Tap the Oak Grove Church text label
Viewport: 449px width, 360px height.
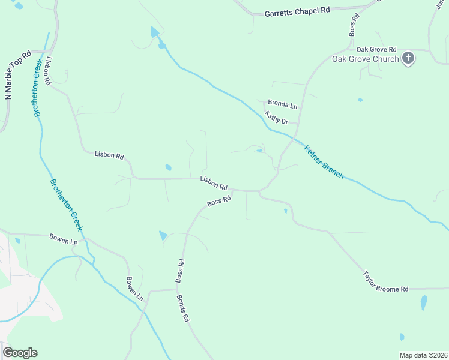pyautogui.click(x=365, y=59)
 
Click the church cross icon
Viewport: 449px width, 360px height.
pyautogui.click(x=408, y=58)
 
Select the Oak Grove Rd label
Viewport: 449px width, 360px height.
pyautogui.click(x=376, y=49)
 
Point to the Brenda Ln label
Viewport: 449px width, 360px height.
pyautogui.click(x=282, y=105)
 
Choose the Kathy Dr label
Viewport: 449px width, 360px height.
pyautogui.click(x=277, y=118)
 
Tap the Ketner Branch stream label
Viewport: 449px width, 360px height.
pyautogui.click(x=324, y=162)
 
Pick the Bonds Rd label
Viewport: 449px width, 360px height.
pyautogui.click(x=182, y=308)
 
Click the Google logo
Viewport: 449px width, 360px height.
pyautogui.click(x=20, y=353)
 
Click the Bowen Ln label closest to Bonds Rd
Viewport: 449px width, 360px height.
pyautogui.click(x=135, y=288)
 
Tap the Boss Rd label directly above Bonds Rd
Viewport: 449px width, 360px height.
pyautogui.click(x=179, y=271)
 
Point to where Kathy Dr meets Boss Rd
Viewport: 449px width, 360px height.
pyautogui.click(x=299, y=124)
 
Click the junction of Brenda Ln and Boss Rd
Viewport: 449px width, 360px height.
pyautogui.click(x=301, y=109)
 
